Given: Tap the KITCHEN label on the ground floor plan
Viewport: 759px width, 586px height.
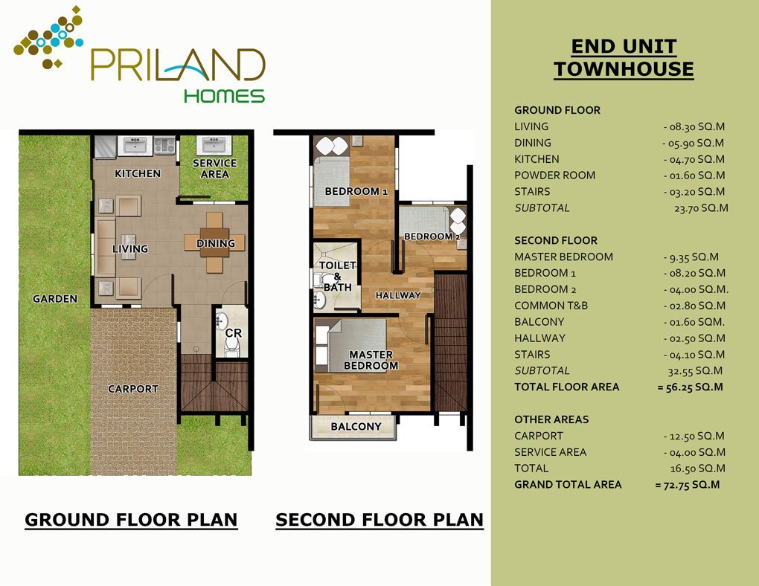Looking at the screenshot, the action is click(138, 173).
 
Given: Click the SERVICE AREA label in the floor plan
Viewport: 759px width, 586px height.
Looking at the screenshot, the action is click(214, 168).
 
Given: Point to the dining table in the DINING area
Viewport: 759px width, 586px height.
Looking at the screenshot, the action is click(214, 242).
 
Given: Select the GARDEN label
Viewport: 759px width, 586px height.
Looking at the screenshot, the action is click(55, 298).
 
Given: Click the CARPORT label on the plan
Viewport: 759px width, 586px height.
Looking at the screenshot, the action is click(133, 389).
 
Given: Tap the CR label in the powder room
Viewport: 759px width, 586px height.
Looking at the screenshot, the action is click(234, 333).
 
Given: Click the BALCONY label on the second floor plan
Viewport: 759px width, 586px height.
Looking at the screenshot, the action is click(356, 426).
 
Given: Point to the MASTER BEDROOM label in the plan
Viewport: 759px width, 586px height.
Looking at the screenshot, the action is click(371, 360).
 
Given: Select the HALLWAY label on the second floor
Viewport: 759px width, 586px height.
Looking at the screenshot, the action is click(398, 294).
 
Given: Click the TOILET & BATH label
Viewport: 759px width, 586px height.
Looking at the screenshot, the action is click(337, 276).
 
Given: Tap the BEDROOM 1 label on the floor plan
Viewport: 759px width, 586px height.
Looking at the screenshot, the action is click(356, 191).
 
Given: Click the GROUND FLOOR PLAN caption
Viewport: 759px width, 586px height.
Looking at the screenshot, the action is click(131, 520).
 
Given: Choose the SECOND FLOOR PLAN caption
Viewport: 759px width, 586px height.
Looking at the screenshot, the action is click(379, 520).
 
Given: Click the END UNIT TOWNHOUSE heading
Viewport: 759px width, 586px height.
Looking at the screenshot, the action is click(624, 57).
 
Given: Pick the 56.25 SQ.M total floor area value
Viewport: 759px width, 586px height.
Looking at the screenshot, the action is click(691, 387).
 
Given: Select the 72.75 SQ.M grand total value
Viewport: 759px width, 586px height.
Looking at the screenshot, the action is click(688, 485).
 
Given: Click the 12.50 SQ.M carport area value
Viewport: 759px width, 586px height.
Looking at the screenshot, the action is click(694, 436).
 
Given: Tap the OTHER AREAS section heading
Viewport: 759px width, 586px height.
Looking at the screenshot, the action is click(551, 419).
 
